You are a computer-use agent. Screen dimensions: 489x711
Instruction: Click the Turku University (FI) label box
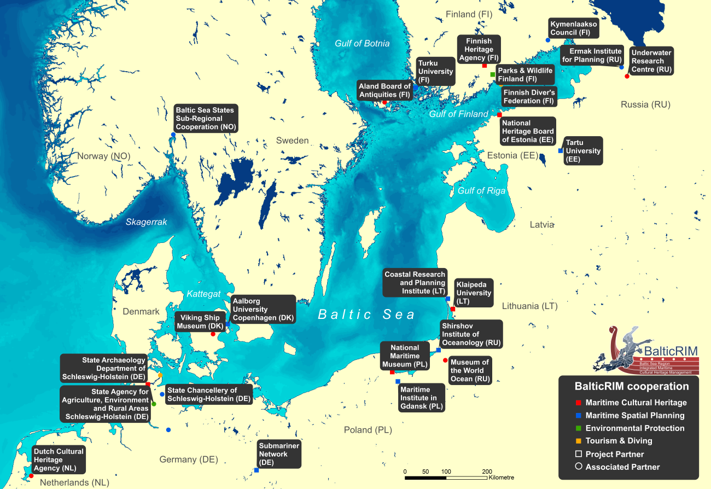pyautogui.click(x=435, y=72)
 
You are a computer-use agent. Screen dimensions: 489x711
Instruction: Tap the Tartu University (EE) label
pyautogui.click(x=583, y=151)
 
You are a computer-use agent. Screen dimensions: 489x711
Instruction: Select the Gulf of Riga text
pyautogui.click(x=481, y=191)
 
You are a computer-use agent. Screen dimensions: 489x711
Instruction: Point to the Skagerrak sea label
pyautogui.click(x=146, y=222)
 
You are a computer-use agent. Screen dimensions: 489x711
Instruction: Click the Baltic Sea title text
pyautogui.click(x=366, y=315)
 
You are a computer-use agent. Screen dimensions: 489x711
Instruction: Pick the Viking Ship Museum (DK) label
pyautogui.click(x=199, y=322)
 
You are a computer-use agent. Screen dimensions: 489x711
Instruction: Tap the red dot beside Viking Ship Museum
pyautogui.click(x=213, y=334)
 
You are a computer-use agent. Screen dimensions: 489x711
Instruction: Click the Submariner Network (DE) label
pyautogui.click(x=279, y=454)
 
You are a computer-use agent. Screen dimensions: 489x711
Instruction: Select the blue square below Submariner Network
pyautogui.click(x=257, y=470)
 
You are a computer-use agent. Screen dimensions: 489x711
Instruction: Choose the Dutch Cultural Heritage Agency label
pyautogui.click(x=59, y=460)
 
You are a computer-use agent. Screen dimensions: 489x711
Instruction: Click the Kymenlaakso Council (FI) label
pyautogui.click(x=573, y=28)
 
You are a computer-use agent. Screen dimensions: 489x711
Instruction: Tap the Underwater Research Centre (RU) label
pyautogui.click(x=651, y=61)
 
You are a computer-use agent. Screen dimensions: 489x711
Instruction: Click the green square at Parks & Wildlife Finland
pyautogui.click(x=493, y=74)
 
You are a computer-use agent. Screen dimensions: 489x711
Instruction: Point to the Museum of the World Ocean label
pyautogui.click(x=469, y=370)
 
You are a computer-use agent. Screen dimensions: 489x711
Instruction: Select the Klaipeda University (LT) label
pyautogui.click(x=474, y=293)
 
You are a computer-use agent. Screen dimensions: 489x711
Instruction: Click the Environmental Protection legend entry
pyautogui.click(x=634, y=428)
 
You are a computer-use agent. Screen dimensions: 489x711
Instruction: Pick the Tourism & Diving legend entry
pyautogui.click(x=619, y=441)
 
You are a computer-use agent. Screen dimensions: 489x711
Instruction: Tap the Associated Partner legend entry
pyautogui.click(x=622, y=467)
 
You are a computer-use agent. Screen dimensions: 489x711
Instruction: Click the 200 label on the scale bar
pyautogui.click(x=487, y=471)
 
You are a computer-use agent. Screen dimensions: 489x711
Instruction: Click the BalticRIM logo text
pyautogui.click(x=671, y=351)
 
